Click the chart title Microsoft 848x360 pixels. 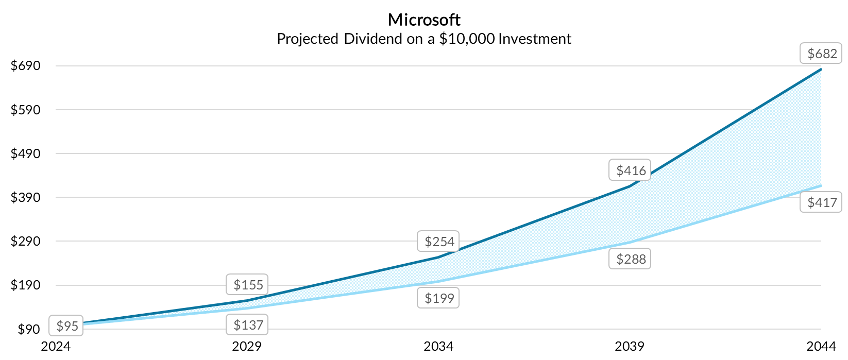[x=424, y=20]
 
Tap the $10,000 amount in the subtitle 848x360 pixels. [x=467, y=39]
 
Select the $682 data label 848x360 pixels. [x=821, y=54]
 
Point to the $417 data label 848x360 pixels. [x=821, y=202]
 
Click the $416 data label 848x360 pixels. [x=630, y=170]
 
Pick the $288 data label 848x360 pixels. [x=630, y=259]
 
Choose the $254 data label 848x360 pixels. [x=438, y=242]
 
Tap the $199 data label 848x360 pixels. [x=438, y=298]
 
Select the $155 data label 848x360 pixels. [x=247, y=285]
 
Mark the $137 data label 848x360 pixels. [x=247, y=325]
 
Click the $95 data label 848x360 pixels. [x=66, y=326]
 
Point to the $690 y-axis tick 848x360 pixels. [x=25, y=66]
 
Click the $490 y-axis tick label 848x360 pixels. [x=25, y=153]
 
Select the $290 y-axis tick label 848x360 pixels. [x=25, y=241]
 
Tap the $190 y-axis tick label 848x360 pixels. [x=25, y=285]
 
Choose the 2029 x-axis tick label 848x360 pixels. [x=247, y=346]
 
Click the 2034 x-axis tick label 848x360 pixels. [x=438, y=346]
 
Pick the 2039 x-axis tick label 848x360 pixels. [x=630, y=346]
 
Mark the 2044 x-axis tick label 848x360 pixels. [x=821, y=346]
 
